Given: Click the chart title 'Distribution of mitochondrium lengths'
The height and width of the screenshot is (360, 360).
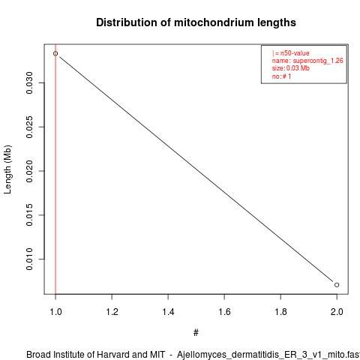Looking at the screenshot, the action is [x=196, y=22].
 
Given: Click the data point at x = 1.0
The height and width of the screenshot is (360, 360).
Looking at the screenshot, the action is [x=55, y=53].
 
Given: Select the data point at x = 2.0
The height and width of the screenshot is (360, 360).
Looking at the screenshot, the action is [x=337, y=285].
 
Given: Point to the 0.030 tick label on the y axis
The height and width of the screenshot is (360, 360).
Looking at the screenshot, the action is [x=29, y=82].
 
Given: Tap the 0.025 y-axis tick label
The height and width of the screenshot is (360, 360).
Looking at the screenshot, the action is [x=29, y=127].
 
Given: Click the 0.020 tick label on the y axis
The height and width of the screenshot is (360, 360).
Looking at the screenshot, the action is [x=29, y=171].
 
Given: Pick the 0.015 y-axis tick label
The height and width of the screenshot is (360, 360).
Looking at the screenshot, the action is [x=29, y=215].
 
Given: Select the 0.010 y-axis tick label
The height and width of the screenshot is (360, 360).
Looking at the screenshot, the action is [x=29, y=259].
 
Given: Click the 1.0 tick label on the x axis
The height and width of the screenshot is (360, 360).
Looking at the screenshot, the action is [x=55, y=312].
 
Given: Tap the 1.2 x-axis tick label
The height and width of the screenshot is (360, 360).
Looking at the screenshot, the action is [x=112, y=312].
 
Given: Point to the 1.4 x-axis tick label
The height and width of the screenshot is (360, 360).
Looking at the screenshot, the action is [x=168, y=312].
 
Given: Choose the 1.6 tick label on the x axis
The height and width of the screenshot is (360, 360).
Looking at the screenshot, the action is [x=224, y=312].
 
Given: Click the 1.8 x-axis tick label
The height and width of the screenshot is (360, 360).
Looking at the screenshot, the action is [x=280, y=312].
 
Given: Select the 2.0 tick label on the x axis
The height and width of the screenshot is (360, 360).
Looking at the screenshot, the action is [x=337, y=312].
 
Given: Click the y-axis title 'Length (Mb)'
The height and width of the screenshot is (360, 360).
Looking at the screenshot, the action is [x=7, y=169].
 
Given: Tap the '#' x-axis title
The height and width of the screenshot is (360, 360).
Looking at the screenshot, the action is [x=196, y=333].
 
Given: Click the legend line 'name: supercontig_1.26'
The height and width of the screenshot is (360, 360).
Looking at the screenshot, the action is [x=307, y=61].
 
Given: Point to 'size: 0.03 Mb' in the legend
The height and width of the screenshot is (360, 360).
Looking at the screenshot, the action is [x=291, y=68].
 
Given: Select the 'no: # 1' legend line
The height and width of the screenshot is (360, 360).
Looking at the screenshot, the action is [x=281, y=76].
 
